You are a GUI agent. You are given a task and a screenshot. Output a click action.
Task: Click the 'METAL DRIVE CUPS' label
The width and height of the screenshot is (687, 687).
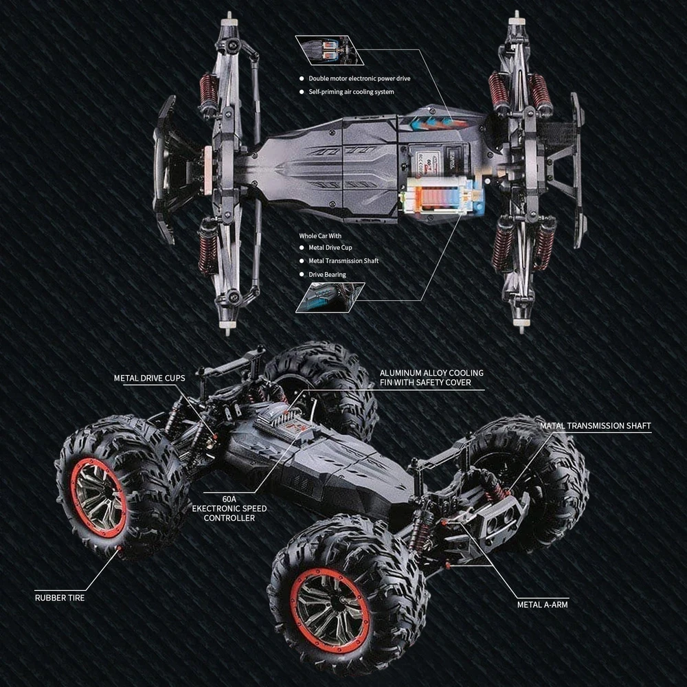pyautogui.click(x=149, y=378)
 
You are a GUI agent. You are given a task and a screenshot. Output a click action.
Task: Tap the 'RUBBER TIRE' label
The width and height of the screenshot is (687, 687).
pyautogui.click(x=60, y=598)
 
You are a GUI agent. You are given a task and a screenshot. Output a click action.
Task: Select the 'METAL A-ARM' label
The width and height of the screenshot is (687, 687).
pyautogui.click(x=543, y=605)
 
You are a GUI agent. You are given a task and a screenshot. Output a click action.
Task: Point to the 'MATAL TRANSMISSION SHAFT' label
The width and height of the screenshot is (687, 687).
pyautogui.click(x=595, y=426)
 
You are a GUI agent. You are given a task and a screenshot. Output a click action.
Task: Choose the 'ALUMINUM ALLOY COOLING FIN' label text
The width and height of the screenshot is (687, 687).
pyautogui.click(x=431, y=377)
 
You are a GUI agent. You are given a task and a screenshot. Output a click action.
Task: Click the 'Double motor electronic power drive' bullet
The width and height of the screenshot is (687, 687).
pyautogui.click(x=359, y=78)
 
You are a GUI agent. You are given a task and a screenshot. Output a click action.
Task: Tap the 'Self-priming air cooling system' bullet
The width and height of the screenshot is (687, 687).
pyautogui.click(x=351, y=92)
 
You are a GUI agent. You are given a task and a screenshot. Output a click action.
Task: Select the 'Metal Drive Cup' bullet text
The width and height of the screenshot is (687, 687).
pyautogui.click(x=330, y=247)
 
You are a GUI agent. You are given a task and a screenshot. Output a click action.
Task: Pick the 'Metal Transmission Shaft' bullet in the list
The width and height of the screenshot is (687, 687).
pyautogui.click(x=343, y=261)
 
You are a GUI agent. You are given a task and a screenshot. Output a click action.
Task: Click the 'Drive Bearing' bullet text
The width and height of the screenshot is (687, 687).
pyautogui.click(x=327, y=275)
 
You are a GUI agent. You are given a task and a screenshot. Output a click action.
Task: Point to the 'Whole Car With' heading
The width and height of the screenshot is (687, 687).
pyautogui.click(x=319, y=236)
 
